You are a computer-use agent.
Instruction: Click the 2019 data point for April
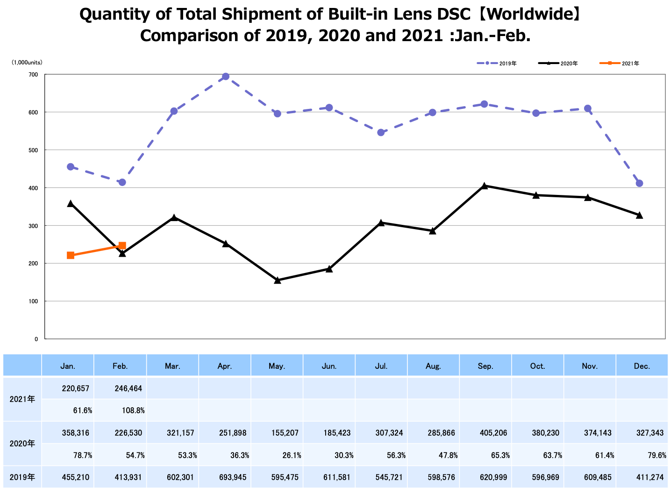tap(226, 77)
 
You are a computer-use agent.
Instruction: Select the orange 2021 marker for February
tap(122, 245)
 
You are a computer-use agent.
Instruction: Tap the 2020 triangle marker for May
tap(278, 280)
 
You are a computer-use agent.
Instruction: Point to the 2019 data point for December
tap(640, 183)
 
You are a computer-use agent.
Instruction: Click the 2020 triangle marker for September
tap(485, 186)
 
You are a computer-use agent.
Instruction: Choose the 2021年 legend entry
tap(619, 64)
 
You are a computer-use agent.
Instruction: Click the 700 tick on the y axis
tap(33, 75)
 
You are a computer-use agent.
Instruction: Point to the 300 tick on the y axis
tap(33, 226)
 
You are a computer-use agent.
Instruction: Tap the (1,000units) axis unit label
tap(27, 62)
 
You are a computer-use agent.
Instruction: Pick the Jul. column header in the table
tap(381, 366)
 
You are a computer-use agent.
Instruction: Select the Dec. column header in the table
tap(642, 366)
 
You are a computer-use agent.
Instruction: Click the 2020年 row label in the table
tap(22, 443)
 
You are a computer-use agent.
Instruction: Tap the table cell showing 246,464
tap(128, 388)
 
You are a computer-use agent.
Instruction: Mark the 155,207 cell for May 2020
tap(285, 433)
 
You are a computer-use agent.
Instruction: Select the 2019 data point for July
tap(381, 133)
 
